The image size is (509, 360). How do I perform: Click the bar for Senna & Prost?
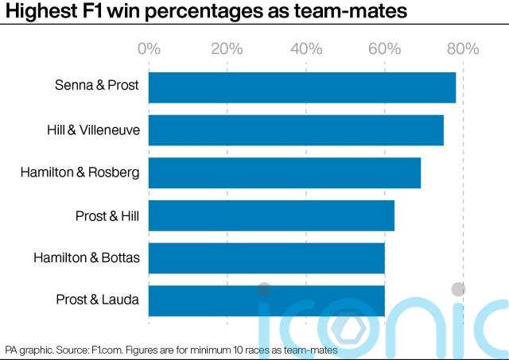coord(302,87)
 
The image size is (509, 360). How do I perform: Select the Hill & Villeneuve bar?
coord(296,130)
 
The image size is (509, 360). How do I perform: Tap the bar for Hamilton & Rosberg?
coord(285,172)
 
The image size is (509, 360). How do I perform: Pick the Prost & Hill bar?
coord(271,215)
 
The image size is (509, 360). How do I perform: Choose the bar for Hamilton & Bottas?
coord(266,257)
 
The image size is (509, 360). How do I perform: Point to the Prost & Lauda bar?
coord(266,300)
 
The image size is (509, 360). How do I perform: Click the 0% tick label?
coord(149,49)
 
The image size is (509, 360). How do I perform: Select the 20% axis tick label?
coord(227,49)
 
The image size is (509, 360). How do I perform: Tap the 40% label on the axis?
coord(305,49)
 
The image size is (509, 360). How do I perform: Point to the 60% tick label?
coord(384,49)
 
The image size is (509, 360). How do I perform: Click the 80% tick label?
coord(462,49)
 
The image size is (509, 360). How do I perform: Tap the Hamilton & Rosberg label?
coord(80,172)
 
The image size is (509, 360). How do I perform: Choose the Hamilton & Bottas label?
coord(86,257)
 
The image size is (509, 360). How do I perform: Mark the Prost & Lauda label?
coord(97,300)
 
